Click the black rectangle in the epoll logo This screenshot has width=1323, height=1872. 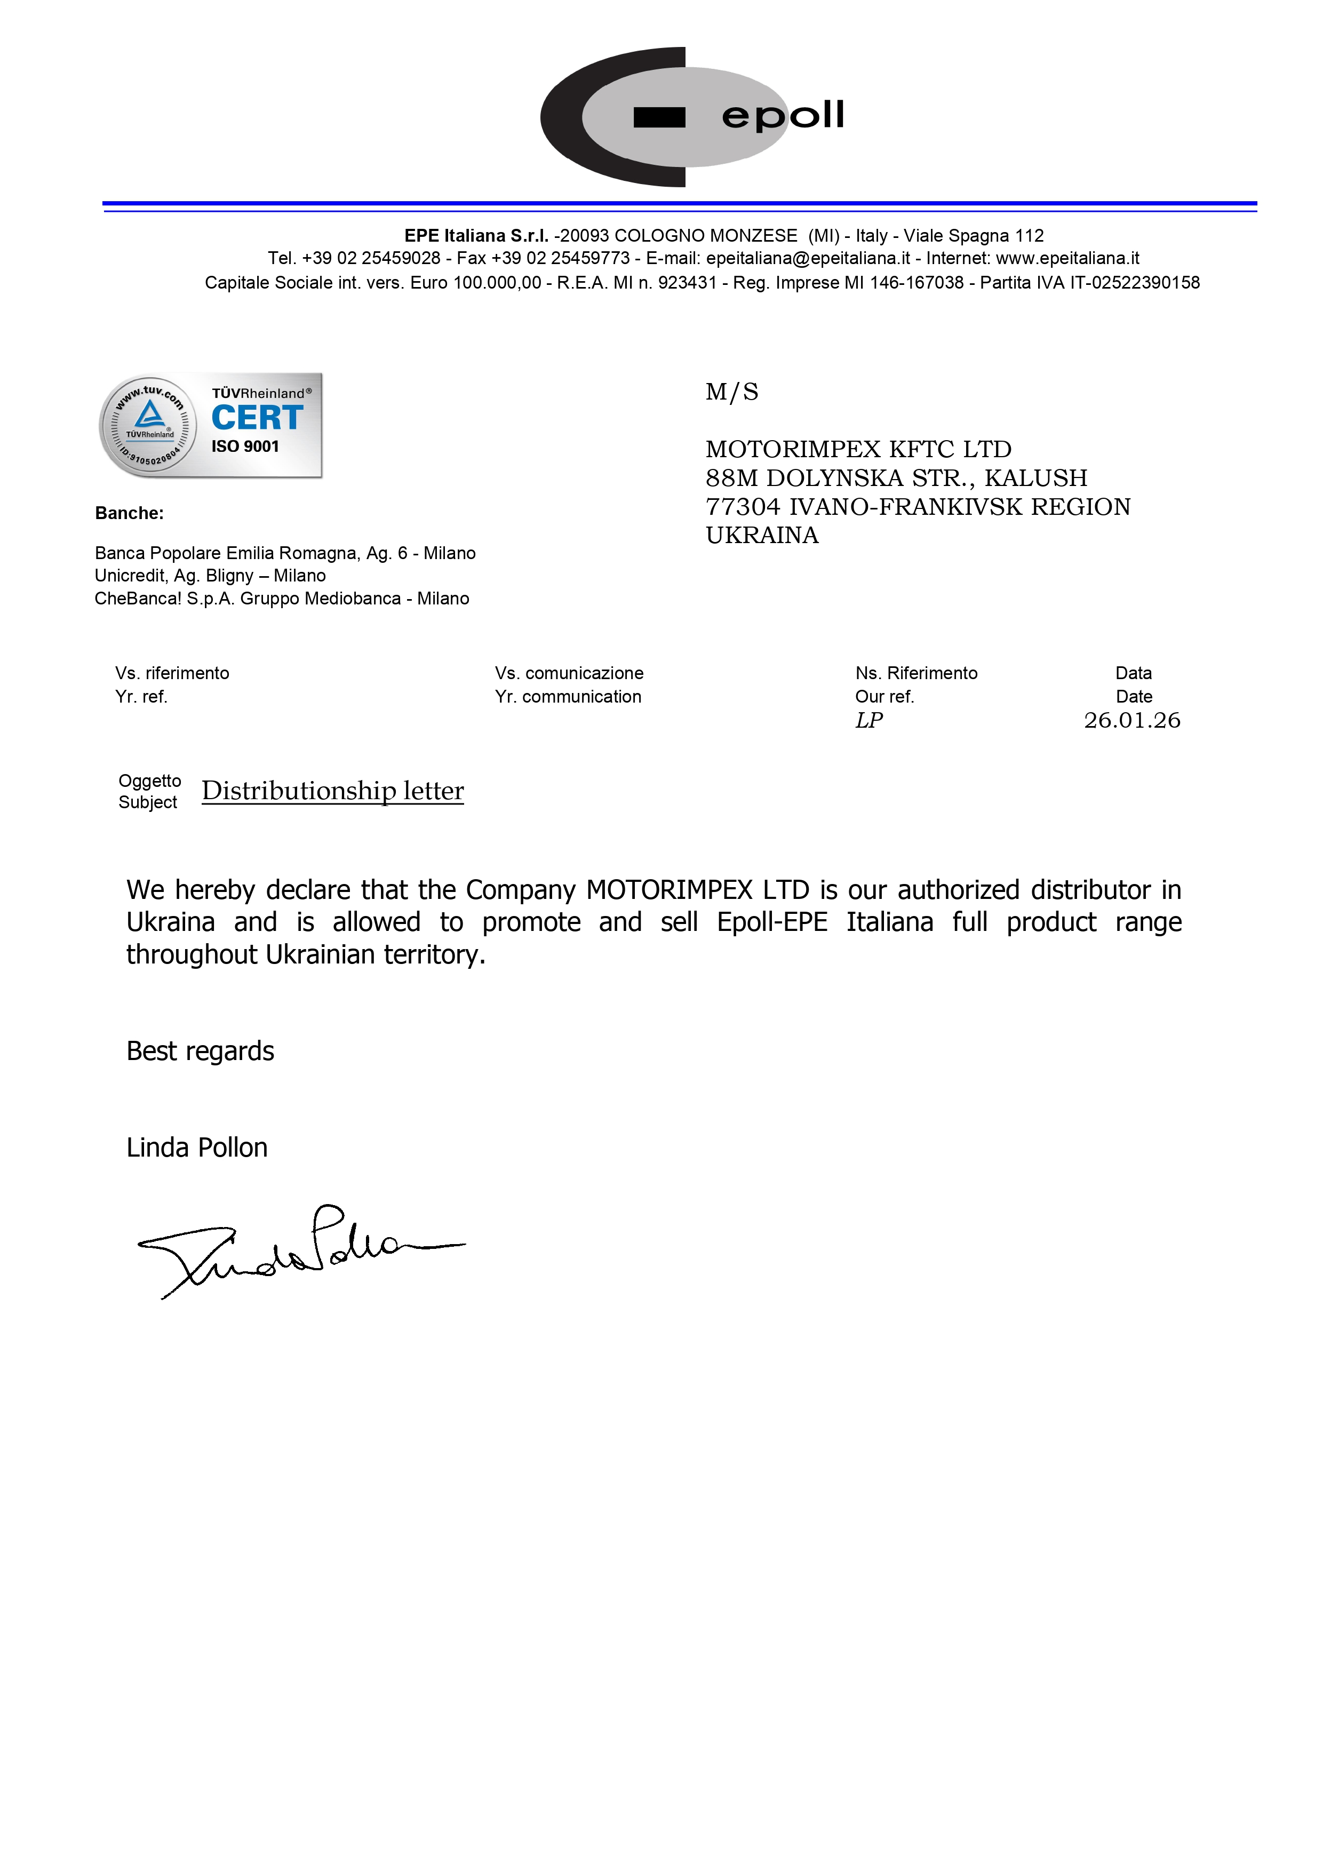tap(659, 118)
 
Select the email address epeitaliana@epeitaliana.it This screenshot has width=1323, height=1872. tap(808, 258)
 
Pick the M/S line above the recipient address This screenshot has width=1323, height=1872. tap(731, 392)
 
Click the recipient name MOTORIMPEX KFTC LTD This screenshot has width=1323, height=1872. tap(857, 449)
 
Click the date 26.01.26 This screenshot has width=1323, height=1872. tap(1131, 720)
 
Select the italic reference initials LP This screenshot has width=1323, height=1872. tap(869, 720)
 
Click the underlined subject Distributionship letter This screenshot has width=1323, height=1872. tap(332, 791)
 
